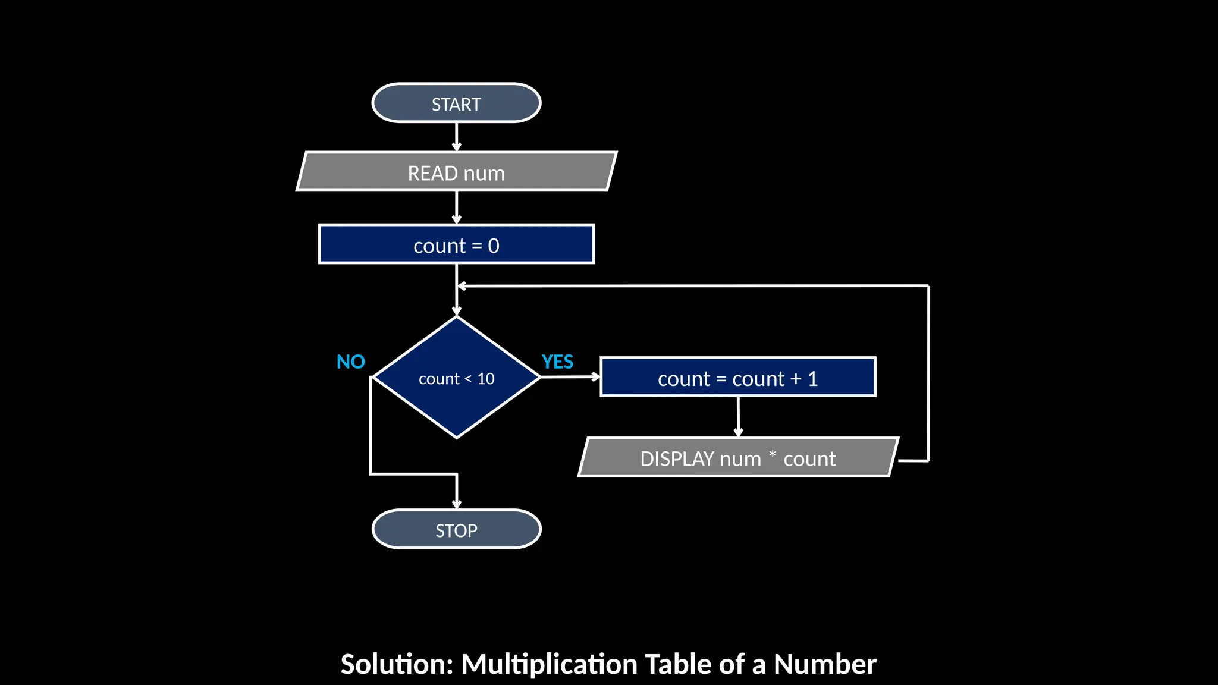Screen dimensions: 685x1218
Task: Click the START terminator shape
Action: coord(456,103)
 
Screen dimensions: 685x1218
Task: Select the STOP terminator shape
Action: coord(456,529)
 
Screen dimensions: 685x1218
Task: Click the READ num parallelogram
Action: coord(456,172)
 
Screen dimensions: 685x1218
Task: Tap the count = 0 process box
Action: coord(456,244)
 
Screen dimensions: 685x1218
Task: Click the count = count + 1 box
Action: coord(737,378)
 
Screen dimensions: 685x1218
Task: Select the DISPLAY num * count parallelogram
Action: coord(737,458)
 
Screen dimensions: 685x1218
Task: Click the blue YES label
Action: coord(557,362)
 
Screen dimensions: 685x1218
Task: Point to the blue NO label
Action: coord(350,362)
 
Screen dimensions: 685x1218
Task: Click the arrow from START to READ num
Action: coord(456,137)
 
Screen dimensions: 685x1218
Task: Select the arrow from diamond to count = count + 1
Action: coord(570,376)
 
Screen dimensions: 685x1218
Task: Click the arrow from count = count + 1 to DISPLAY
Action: coord(738,416)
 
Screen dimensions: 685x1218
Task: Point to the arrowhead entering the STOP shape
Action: coord(456,504)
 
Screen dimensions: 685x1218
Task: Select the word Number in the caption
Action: coord(824,664)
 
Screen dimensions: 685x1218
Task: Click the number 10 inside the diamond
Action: coord(486,379)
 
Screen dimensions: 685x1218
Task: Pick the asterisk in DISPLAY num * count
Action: coord(772,454)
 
